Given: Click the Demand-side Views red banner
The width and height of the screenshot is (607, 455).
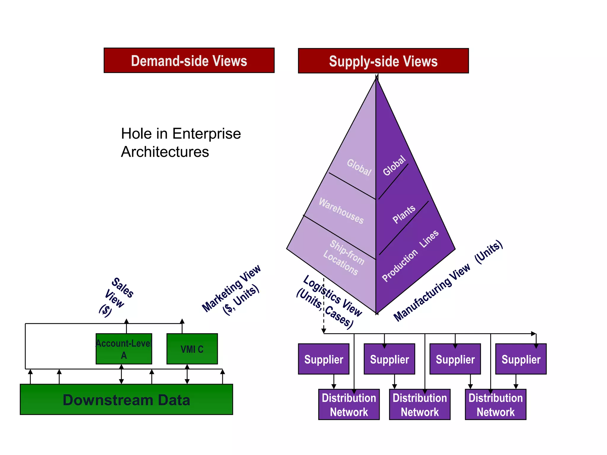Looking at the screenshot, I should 189,60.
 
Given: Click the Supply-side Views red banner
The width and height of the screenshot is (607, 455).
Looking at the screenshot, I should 383,61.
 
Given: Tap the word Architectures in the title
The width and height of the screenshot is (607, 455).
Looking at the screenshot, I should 165,152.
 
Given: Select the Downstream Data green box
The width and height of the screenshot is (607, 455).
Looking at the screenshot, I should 126,400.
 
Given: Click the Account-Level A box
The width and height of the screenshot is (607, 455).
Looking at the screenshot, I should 124,349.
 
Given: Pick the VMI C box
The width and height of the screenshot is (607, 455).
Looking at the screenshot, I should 192,349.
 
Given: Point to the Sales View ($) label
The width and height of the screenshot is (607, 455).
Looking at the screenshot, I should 116,297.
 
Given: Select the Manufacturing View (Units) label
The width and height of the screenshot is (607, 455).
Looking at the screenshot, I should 448,281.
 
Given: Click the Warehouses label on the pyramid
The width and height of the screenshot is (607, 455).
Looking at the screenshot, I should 341,211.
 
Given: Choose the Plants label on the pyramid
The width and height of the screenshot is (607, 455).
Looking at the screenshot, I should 404,214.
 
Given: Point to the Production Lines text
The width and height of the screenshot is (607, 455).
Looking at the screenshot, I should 410,256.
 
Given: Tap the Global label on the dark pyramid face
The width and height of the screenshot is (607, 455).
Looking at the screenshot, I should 394,166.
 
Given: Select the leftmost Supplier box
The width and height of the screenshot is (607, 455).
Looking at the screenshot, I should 324,359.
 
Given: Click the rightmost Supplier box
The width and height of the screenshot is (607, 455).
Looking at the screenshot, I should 521,359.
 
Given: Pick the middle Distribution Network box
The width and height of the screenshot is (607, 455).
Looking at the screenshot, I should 420,405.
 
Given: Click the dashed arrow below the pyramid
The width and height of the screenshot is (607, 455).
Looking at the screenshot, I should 324,305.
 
